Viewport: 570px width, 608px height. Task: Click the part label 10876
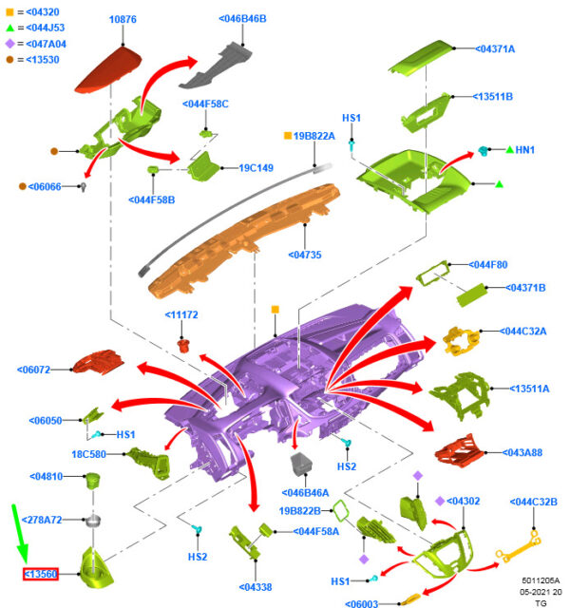click(x=123, y=19)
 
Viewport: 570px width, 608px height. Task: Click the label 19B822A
click(x=314, y=137)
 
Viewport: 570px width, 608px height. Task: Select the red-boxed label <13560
click(x=41, y=574)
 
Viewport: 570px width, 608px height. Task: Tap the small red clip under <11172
click(x=186, y=337)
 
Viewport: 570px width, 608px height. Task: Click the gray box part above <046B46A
click(x=303, y=466)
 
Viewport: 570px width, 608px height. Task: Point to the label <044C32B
click(x=533, y=502)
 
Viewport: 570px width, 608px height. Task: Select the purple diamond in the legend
click(x=9, y=43)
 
